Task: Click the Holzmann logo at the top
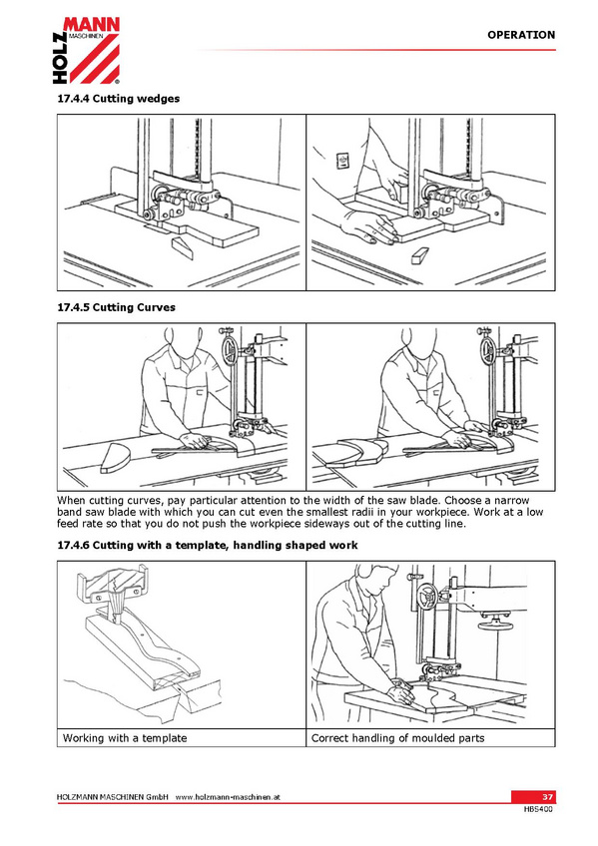coord(86,50)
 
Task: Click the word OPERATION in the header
coord(521,35)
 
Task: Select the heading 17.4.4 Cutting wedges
coord(119,99)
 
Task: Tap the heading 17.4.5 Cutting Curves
coord(117,307)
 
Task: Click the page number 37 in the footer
coord(547,797)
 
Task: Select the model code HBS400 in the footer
coord(538,809)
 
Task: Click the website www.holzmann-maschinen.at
coord(228,797)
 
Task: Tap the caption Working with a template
coord(125,738)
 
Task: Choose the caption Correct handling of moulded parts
coord(397,738)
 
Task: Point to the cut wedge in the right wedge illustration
coord(420,255)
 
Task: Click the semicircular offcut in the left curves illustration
coord(115,458)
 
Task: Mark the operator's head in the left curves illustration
coord(177,341)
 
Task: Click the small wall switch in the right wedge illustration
coord(342,161)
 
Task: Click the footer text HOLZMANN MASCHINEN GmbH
coord(113,797)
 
